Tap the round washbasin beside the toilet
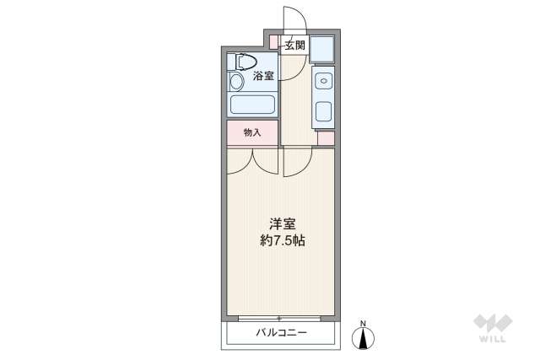[x=237, y=82]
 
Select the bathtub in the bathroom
[x=252, y=106]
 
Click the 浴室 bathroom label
[x=264, y=77]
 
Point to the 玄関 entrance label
[x=294, y=46]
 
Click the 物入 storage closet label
[x=251, y=132]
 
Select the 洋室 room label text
[x=281, y=223]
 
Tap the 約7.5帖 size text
[x=281, y=240]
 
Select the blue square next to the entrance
[x=322, y=51]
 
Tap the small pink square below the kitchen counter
[x=326, y=138]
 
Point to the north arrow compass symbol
[x=364, y=338]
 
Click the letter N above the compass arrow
[x=364, y=323]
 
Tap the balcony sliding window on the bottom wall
[x=280, y=319]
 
